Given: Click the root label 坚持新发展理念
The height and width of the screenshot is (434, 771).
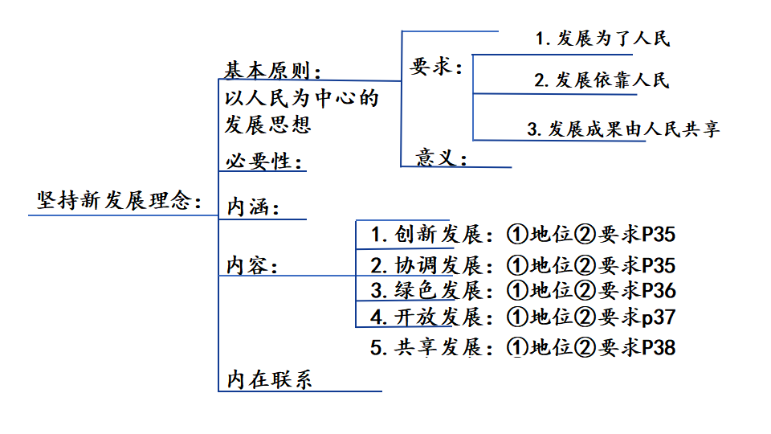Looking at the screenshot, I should (x=119, y=200).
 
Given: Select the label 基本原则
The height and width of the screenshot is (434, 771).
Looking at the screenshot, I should (x=271, y=71).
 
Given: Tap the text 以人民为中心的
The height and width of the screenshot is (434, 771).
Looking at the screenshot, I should (x=301, y=99).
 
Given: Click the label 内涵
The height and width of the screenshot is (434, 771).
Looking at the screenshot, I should (x=252, y=207).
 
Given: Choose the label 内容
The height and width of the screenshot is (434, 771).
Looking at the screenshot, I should (x=252, y=264).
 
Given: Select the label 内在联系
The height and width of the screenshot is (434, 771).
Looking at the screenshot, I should (x=269, y=379).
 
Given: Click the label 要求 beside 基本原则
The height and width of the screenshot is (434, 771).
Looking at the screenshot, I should (x=436, y=67).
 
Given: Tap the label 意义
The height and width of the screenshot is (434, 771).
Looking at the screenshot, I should (x=441, y=157).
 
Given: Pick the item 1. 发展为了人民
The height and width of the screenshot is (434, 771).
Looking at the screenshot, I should (x=602, y=38).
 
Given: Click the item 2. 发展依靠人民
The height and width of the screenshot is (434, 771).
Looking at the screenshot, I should (x=602, y=80).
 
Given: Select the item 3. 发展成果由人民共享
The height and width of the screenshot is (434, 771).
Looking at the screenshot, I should (x=623, y=129).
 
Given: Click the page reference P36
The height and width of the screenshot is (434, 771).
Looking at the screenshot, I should (x=659, y=290).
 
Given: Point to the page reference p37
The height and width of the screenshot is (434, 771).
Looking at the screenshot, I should (x=659, y=317).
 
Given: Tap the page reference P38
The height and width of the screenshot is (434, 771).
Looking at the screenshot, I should (x=659, y=347).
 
